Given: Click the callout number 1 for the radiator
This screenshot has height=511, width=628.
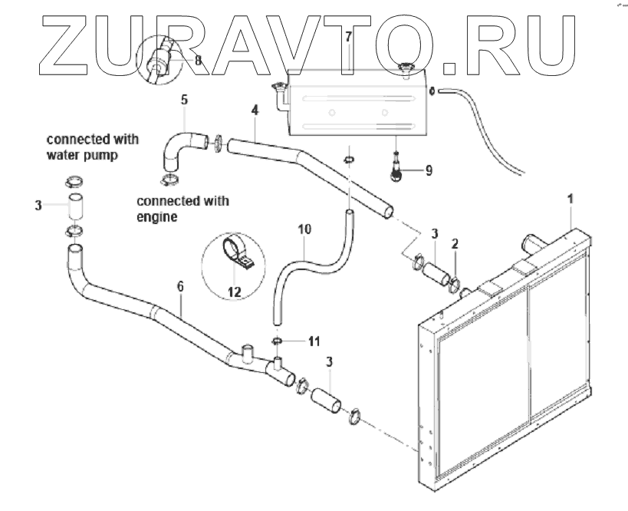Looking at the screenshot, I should point(569,198).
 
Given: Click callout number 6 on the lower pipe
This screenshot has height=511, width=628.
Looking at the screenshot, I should point(180,285).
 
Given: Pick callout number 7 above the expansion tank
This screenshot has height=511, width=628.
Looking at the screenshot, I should point(348,36).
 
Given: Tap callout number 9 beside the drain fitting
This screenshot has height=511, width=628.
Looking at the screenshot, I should point(428,170).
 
